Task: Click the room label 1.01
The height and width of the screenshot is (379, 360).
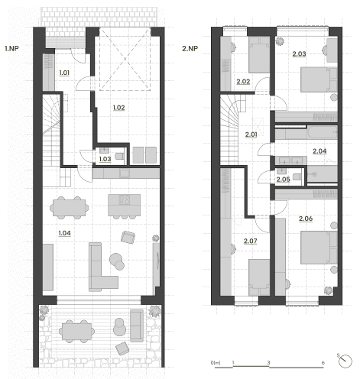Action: pos(64,73)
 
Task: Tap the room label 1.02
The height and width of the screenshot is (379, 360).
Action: pos(119,108)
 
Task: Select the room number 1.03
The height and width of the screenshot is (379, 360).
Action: pos(105,159)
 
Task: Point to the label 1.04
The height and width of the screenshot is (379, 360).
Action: pos(65,233)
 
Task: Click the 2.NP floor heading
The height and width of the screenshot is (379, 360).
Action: pos(190,49)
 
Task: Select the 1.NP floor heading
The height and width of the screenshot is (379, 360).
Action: pos(11,48)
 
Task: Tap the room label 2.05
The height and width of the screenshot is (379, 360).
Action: pos(284,180)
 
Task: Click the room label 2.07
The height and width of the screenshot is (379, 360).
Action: pos(251,241)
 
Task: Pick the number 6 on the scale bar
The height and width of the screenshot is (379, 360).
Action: pos(323,363)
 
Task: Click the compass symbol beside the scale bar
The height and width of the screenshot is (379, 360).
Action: pos(345,361)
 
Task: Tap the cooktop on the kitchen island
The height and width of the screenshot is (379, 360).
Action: pos(125,199)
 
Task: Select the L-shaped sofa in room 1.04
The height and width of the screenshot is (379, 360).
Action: pos(102,270)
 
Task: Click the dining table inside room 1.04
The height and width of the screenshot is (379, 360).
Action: pos(69,208)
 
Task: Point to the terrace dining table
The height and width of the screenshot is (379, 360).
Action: pos(76,332)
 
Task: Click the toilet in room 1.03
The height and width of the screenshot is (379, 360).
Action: pos(119,156)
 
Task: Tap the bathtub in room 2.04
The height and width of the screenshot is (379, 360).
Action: pos(323,132)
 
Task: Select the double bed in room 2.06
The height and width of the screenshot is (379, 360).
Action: pos(319,248)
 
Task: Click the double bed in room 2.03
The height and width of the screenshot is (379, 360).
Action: pos(319,79)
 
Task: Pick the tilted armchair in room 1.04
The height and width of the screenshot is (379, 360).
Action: pos(128,238)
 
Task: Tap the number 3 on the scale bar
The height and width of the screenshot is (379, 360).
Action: pos(268,363)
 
